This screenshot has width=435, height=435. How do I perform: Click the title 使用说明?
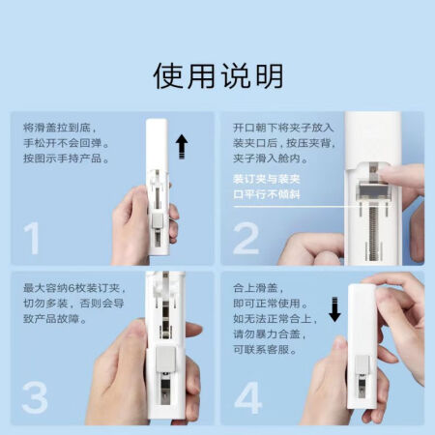[x=218, y=76]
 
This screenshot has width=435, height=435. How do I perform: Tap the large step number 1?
[x=32, y=238]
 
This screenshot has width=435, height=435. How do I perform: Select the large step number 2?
[x=246, y=238]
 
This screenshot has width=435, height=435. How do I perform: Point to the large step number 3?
[x=35, y=397]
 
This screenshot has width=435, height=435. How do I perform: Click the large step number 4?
[x=248, y=397]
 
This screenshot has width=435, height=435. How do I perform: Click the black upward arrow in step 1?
[x=182, y=146]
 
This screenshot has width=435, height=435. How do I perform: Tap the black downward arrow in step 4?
[x=334, y=309]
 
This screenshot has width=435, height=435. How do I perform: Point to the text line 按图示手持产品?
[x=66, y=159]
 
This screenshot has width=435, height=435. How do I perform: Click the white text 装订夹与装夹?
[x=267, y=179]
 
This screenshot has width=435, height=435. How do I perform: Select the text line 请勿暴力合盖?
[x=270, y=333]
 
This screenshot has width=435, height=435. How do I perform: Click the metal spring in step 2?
[x=374, y=233]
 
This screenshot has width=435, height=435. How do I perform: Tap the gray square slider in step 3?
[x=165, y=360]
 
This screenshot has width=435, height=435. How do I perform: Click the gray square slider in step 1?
[x=158, y=221]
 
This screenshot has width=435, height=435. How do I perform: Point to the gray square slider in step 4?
[x=362, y=364]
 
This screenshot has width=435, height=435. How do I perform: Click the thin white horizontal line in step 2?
[x=311, y=206]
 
